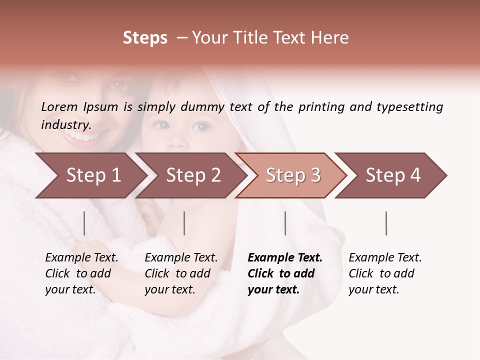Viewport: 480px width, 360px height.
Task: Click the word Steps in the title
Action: pyautogui.click(x=145, y=38)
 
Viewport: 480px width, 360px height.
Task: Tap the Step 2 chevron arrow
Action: pyautogui.click(x=192, y=175)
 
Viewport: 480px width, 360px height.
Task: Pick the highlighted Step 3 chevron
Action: pyautogui.click(x=292, y=175)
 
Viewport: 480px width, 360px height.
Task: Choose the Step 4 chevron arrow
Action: pyautogui.click(x=392, y=175)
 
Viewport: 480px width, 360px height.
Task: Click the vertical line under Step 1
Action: pyautogui.click(x=84, y=223)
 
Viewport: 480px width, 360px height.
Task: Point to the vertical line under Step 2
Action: pyautogui.click(x=184, y=223)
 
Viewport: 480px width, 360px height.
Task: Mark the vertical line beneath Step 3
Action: pyautogui.click(x=285, y=223)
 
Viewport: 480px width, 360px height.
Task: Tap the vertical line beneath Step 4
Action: pyautogui.click(x=386, y=223)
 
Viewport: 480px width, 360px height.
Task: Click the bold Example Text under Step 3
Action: pyautogui.click(x=285, y=273)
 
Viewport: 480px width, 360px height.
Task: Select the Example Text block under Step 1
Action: pyautogui.click(x=81, y=273)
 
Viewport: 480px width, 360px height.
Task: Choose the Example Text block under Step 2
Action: pyautogui.click(x=181, y=273)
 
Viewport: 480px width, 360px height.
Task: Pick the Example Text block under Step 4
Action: pyautogui.click(x=385, y=273)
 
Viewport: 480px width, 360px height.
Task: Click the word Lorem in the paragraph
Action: pyautogui.click(x=59, y=106)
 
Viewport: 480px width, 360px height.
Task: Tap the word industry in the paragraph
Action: pyautogui.click(x=65, y=124)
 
